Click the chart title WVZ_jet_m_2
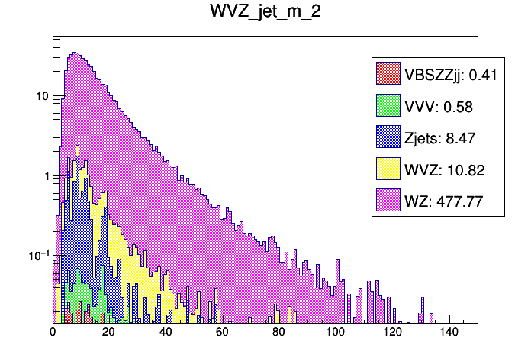265,13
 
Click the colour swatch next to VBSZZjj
388,75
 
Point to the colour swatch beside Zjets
388,137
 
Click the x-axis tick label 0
53,333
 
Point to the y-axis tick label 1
44,176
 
